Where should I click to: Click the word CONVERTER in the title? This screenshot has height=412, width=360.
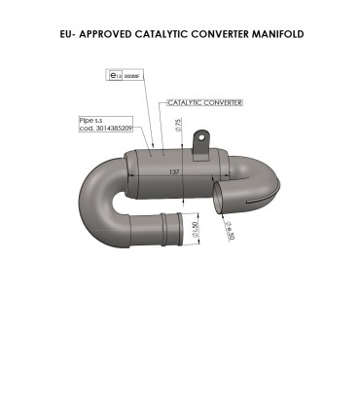click(x=218, y=34)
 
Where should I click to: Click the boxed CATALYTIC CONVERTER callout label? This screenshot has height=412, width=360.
click(x=204, y=101)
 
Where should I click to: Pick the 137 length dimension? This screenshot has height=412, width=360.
click(x=174, y=171)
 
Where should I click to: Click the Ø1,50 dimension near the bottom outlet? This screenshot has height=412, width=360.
click(x=196, y=234)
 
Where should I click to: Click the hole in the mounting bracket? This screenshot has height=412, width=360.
click(x=203, y=137)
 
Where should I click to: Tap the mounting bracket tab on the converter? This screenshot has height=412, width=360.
click(x=202, y=146)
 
